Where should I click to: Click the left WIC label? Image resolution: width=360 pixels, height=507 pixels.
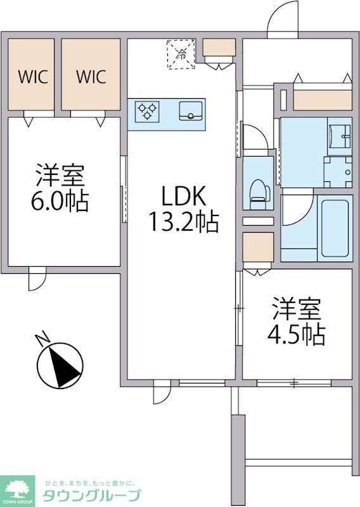pos(33,77)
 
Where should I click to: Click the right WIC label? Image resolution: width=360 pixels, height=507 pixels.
pos(91,77)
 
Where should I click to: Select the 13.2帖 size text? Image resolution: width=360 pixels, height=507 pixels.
pos(183,222)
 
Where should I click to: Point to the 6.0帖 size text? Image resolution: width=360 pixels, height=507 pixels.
pos(60,201)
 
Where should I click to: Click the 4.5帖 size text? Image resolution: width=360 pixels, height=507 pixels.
pos(296,335)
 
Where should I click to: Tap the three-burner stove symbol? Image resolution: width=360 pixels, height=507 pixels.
pos(148,112)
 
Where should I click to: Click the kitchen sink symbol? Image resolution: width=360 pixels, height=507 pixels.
pos(191,111)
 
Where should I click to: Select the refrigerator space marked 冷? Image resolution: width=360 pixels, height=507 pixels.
pos(181,54)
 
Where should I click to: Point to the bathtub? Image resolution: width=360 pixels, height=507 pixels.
pos(333,228)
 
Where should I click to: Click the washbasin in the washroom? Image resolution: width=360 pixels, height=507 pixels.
pos(339,136)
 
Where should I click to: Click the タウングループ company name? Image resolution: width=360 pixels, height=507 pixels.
pos(92,495)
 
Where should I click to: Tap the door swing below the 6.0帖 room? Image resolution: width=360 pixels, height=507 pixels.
pos(37,279)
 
